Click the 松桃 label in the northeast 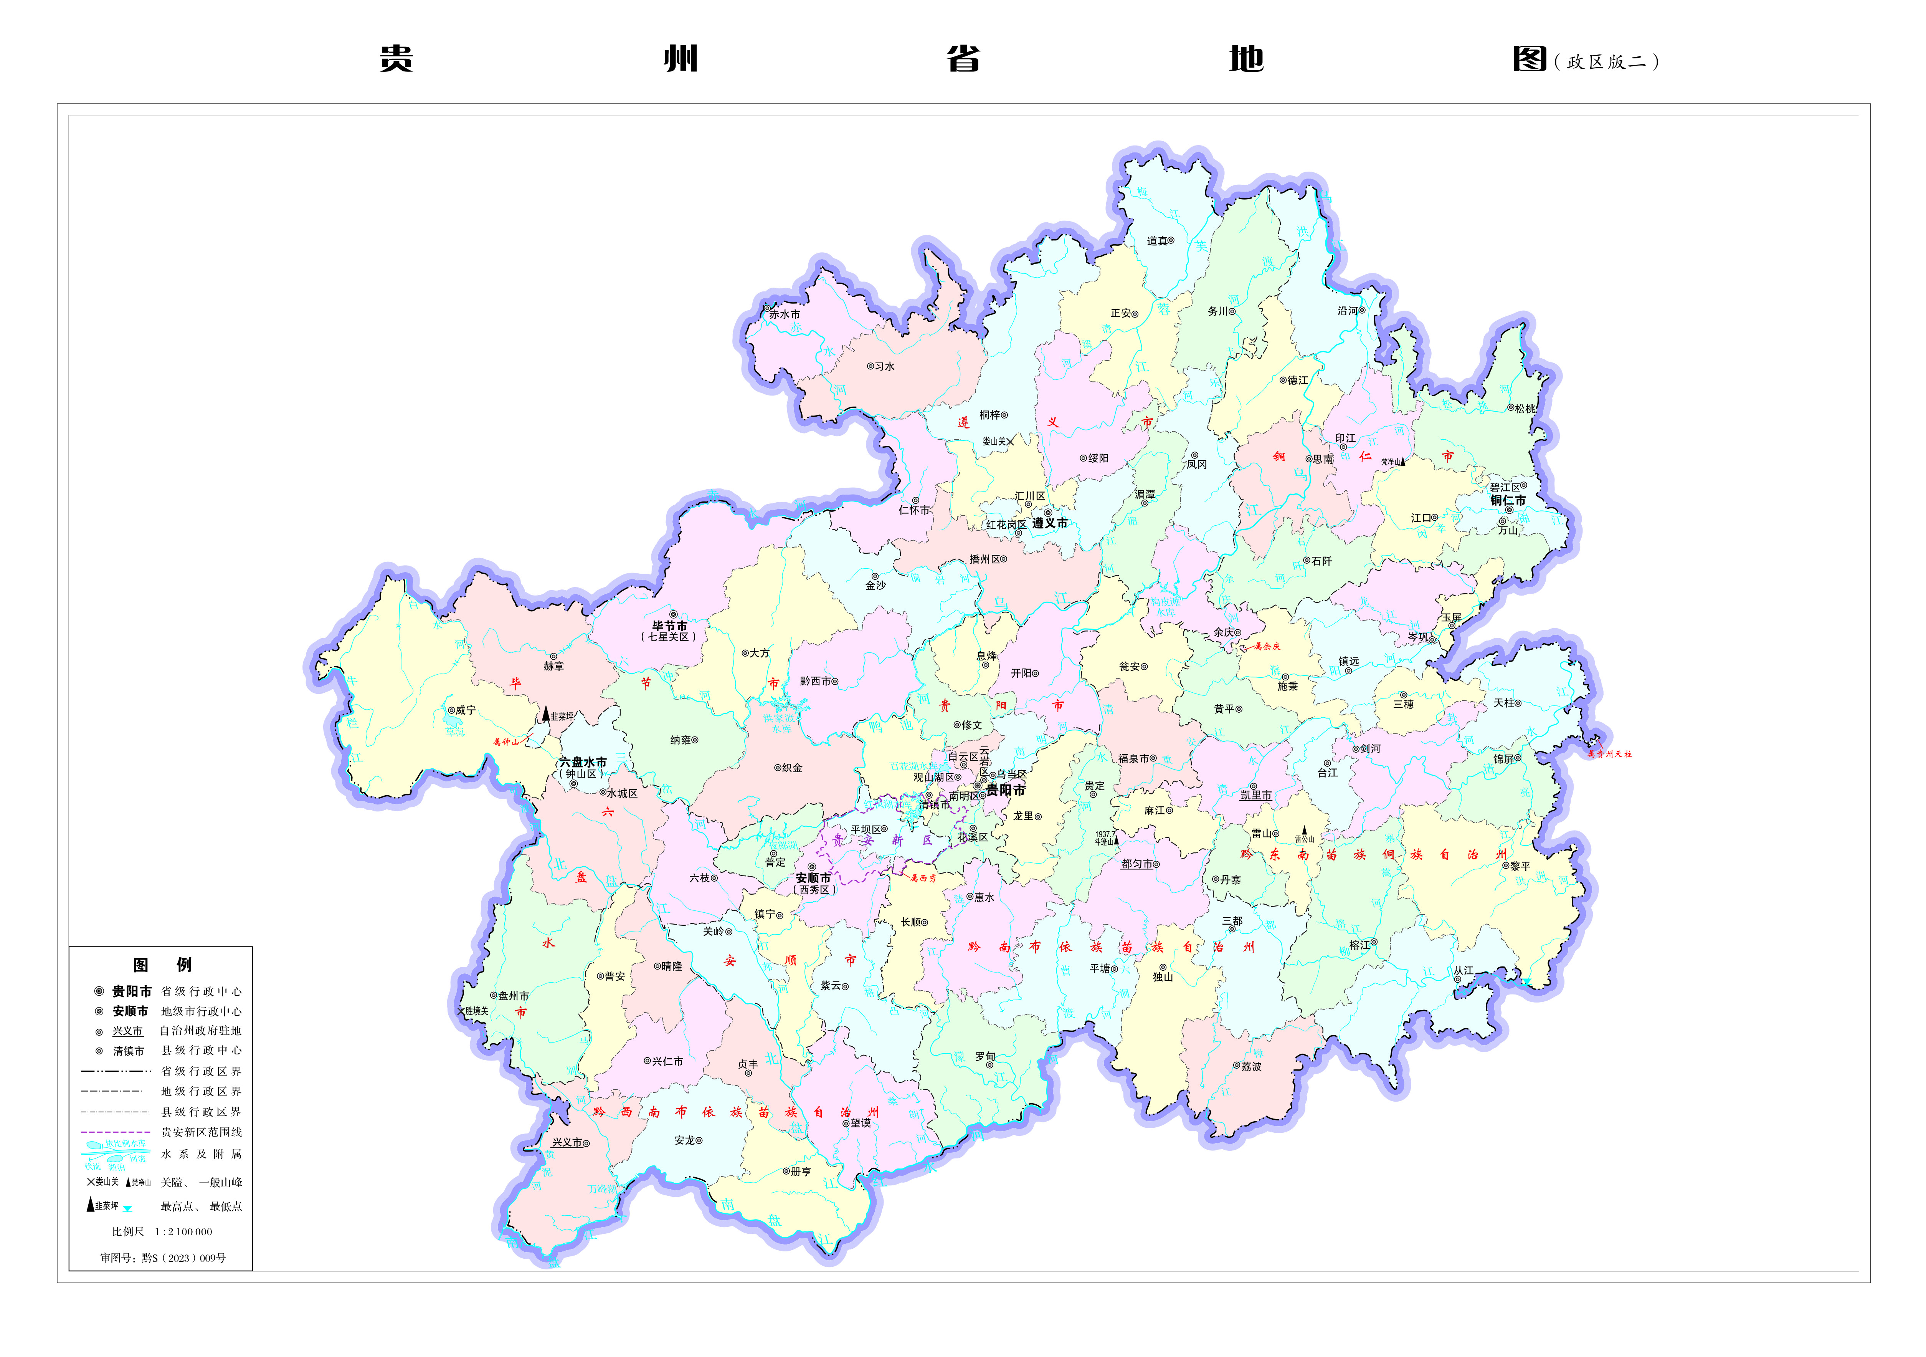[x=1524, y=409]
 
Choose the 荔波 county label [x=1252, y=1067]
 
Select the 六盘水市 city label [x=583, y=763]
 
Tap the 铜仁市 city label [x=1508, y=501]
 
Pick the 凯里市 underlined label [x=1256, y=796]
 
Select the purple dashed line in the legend [x=116, y=1132]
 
